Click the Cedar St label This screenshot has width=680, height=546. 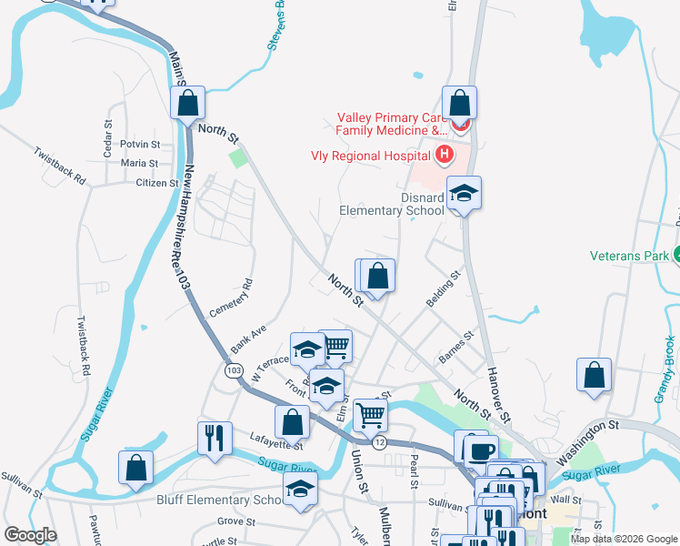click(x=107, y=129)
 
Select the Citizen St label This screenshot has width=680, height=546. click(x=156, y=183)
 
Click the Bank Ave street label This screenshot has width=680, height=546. click(x=248, y=338)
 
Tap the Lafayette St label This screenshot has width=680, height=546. click(x=275, y=445)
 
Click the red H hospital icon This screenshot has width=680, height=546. click(x=445, y=155)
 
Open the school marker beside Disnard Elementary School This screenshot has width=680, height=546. click(x=464, y=193)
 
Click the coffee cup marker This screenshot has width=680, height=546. click(x=482, y=450)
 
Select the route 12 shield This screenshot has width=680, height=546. click(x=379, y=441)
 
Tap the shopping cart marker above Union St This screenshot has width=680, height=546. click(x=371, y=415)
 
